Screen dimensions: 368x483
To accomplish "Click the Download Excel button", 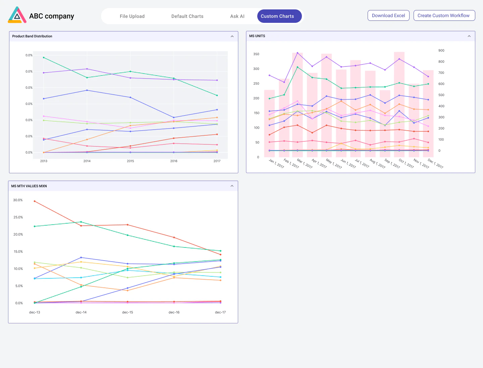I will coord(388,15).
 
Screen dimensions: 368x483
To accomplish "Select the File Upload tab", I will coord(132,16).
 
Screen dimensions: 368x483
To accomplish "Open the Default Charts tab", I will coord(187,16).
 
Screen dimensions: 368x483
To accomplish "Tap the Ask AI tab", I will coord(237,16).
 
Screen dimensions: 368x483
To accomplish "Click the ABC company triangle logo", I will coord(17,15).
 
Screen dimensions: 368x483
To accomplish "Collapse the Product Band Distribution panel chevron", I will coord(232,36).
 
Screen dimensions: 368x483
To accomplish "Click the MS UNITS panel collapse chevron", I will coord(469,36).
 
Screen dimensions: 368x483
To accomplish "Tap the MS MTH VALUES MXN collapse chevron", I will coord(232,186).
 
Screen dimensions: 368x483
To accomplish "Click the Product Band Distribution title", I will coord(32,36).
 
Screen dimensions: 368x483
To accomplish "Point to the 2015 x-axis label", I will coord(130,161).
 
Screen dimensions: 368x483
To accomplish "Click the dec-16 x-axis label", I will coord(174,312).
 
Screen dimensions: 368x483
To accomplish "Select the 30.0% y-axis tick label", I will coord(18,200).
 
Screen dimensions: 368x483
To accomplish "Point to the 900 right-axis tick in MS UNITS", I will coord(441,50).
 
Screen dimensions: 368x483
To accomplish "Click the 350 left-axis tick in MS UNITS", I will coord(256,54).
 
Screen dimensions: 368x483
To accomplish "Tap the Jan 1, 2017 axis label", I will coord(276,164).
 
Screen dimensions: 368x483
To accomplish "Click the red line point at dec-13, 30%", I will coord(35,201).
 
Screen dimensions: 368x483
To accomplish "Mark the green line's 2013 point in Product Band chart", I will coord(44,57).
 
